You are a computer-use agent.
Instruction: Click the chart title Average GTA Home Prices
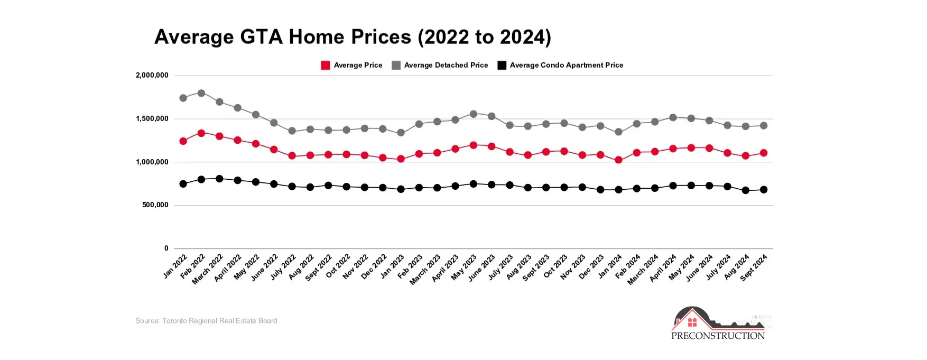353,37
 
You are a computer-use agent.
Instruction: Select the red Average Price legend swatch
326,66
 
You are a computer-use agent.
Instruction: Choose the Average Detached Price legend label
446,65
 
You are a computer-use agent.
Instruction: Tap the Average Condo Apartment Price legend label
566,65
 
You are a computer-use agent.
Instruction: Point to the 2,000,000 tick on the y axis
152,76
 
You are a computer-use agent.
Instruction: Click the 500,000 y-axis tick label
155,205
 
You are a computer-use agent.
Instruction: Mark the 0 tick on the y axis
166,248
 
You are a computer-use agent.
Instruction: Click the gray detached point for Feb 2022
201,93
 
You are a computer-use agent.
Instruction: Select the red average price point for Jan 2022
183,141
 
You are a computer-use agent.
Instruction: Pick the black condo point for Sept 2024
764,189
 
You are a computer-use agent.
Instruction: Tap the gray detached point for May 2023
474,114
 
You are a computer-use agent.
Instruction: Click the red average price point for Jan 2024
618,160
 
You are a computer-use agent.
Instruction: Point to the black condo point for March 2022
219,179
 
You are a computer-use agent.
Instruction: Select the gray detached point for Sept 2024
764,126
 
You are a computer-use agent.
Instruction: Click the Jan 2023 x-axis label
393,266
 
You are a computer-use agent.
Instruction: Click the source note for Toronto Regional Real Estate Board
206,321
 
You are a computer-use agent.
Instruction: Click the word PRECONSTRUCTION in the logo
718,336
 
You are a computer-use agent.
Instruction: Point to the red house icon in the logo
692,321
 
